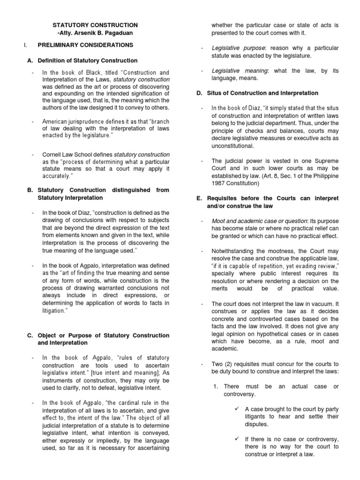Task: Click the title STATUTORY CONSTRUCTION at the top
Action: click(95, 24)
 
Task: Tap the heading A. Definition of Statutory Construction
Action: click(87, 60)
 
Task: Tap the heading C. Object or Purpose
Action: click(98, 335)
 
